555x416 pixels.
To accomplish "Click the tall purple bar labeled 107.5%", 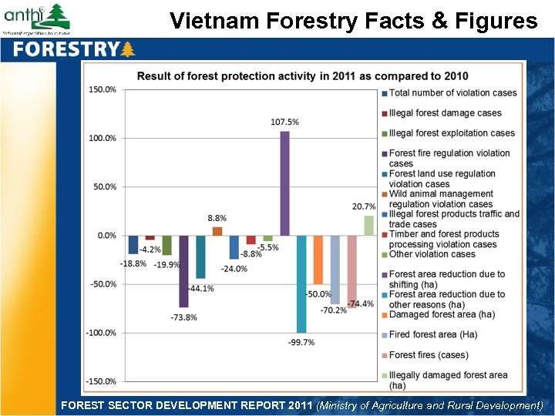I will click(x=284, y=183).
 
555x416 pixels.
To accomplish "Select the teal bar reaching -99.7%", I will click(x=301, y=283).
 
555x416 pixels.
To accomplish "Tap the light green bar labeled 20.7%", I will click(x=368, y=226).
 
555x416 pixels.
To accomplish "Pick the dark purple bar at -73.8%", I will click(x=183, y=271).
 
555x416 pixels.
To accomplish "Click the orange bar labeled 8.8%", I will click(x=217, y=231).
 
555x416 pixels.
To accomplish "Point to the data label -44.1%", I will click(x=200, y=289).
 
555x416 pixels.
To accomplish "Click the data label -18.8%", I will click(x=132, y=264).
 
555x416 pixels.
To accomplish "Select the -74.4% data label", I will click(x=360, y=304).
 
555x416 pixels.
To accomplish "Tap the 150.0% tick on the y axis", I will click(x=102, y=90).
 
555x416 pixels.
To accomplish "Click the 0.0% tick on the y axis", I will click(x=106, y=236).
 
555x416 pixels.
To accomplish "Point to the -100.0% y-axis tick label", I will click(x=100, y=333).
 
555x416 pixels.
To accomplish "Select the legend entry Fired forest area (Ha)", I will click(x=432, y=335).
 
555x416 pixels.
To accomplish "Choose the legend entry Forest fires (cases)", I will click(x=429, y=355).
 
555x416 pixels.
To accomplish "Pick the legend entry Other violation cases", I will click(x=432, y=254).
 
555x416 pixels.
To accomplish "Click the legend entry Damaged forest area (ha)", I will click(x=442, y=314).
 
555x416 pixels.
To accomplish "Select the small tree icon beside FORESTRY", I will click(x=128, y=50).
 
